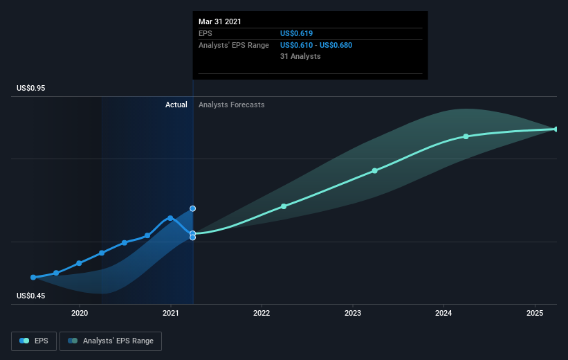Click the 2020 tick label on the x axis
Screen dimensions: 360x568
[80, 313]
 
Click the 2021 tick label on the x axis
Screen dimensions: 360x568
[170, 313]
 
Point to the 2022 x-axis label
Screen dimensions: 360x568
[262, 313]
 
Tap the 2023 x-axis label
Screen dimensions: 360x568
[353, 313]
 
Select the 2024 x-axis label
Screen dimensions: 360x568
[443, 313]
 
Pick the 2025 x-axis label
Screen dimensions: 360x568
[535, 313]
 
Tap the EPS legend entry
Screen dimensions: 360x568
[34, 341]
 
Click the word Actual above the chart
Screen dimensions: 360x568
[176, 105]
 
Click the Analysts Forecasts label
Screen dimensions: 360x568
[231, 105]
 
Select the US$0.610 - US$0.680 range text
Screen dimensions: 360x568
[320, 45]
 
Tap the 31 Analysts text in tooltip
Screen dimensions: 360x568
[300, 56]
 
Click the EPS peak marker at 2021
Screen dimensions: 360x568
[170, 218]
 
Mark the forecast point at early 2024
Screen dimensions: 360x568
[466, 136]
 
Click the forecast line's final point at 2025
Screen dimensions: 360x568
[556, 129]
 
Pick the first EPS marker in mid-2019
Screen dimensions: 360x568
[33, 277]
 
